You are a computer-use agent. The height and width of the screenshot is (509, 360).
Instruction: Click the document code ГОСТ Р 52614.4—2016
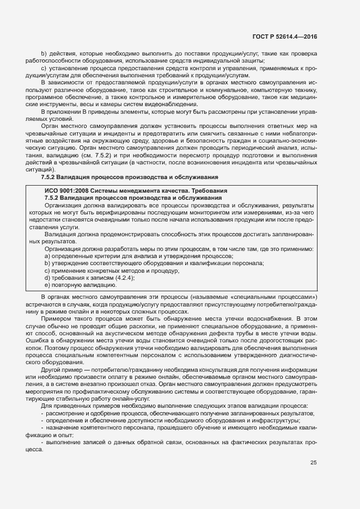pos(285,36)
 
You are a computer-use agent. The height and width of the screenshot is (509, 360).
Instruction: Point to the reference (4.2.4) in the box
pos(124,278)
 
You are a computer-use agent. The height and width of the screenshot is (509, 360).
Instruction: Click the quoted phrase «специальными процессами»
pos(278,297)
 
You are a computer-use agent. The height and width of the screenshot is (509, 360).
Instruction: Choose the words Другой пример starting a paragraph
pos(62,370)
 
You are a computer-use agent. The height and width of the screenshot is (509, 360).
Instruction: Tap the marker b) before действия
pos(44,53)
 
